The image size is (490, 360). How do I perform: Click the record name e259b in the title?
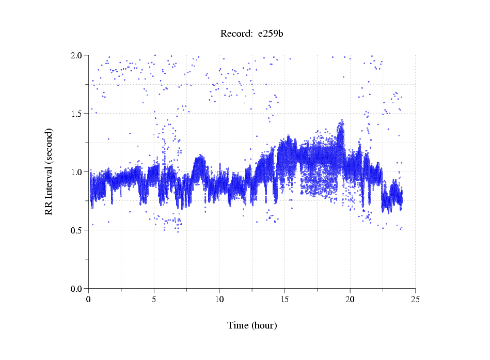tap(271, 34)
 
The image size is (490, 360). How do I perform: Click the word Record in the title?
tap(235, 34)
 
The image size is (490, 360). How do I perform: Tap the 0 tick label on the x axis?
tap(89, 299)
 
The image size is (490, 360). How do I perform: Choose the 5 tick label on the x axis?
tap(154, 299)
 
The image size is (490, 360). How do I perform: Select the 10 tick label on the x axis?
tap(219, 299)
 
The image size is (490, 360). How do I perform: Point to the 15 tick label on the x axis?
tap(285, 299)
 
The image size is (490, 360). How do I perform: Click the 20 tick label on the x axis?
tap(350, 299)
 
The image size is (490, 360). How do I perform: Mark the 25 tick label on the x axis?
tap(416, 299)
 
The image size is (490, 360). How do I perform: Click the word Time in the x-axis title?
tap(238, 326)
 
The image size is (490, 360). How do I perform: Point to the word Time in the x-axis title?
tap(238, 326)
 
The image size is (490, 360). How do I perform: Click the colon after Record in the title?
tap(251, 35)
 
